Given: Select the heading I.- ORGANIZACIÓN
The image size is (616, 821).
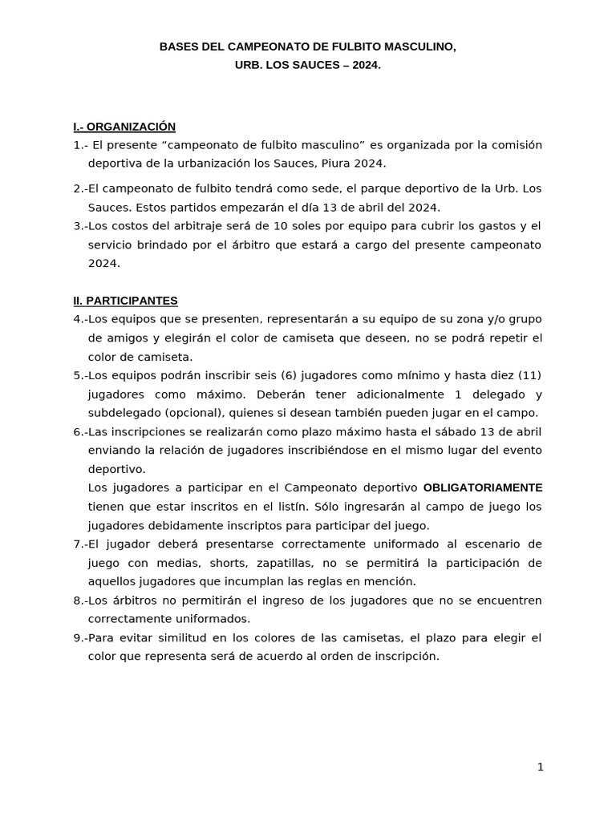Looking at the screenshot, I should point(124,127).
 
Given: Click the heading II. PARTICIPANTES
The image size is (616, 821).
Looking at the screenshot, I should point(125,301).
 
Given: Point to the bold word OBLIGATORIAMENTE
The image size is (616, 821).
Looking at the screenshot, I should point(483,487).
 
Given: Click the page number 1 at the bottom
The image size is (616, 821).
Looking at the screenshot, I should point(541,767).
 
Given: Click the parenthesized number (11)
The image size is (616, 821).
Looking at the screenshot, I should point(530,375).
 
